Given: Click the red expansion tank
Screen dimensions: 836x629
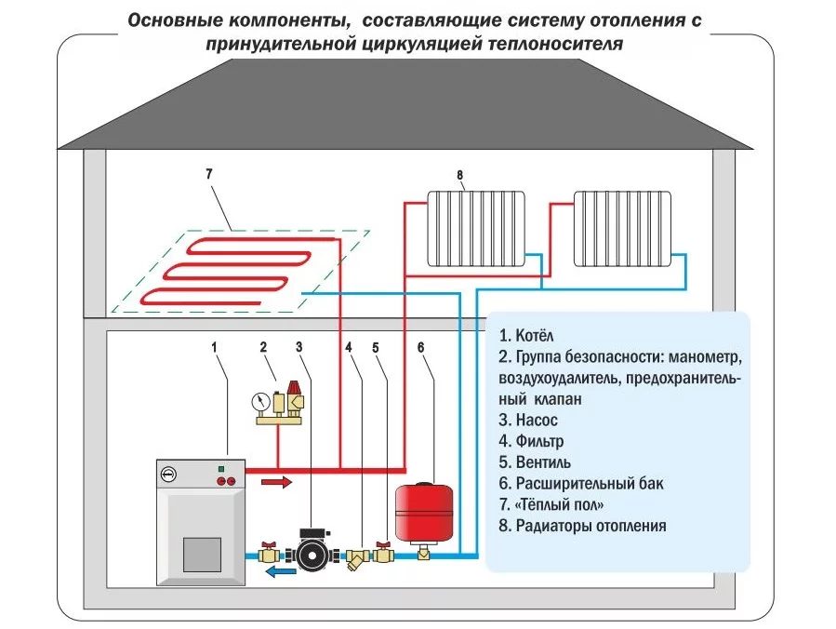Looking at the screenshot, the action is pyautogui.click(x=424, y=511).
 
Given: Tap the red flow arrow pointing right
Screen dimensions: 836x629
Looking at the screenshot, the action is pyautogui.click(x=277, y=482).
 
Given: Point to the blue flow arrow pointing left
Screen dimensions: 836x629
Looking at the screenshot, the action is pyautogui.click(x=281, y=572).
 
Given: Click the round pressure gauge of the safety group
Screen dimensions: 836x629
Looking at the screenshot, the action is pyautogui.click(x=260, y=402).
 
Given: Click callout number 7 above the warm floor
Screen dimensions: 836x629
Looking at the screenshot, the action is pyautogui.click(x=209, y=174).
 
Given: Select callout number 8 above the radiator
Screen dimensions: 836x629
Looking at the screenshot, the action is pyautogui.click(x=460, y=175).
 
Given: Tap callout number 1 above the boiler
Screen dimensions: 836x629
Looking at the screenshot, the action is pyautogui.click(x=214, y=348).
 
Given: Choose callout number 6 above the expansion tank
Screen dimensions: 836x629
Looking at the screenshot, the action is pyautogui.click(x=420, y=348).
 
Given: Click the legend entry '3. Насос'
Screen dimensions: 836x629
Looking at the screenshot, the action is pyautogui.click(x=528, y=421).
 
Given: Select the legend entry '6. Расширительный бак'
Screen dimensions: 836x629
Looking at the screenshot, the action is pyautogui.click(x=581, y=484).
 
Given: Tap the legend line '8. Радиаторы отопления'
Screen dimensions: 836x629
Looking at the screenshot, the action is pyautogui.click(x=583, y=526).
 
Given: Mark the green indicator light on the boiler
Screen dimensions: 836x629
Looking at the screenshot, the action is pyautogui.click(x=220, y=469).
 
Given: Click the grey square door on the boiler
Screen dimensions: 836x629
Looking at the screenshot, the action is pyautogui.click(x=202, y=555).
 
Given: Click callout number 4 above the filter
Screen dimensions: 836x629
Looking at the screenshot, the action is pyautogui.click(x=349, y=348).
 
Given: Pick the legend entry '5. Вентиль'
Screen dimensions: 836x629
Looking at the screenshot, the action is pyautogui.click(x=535, y=462).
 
